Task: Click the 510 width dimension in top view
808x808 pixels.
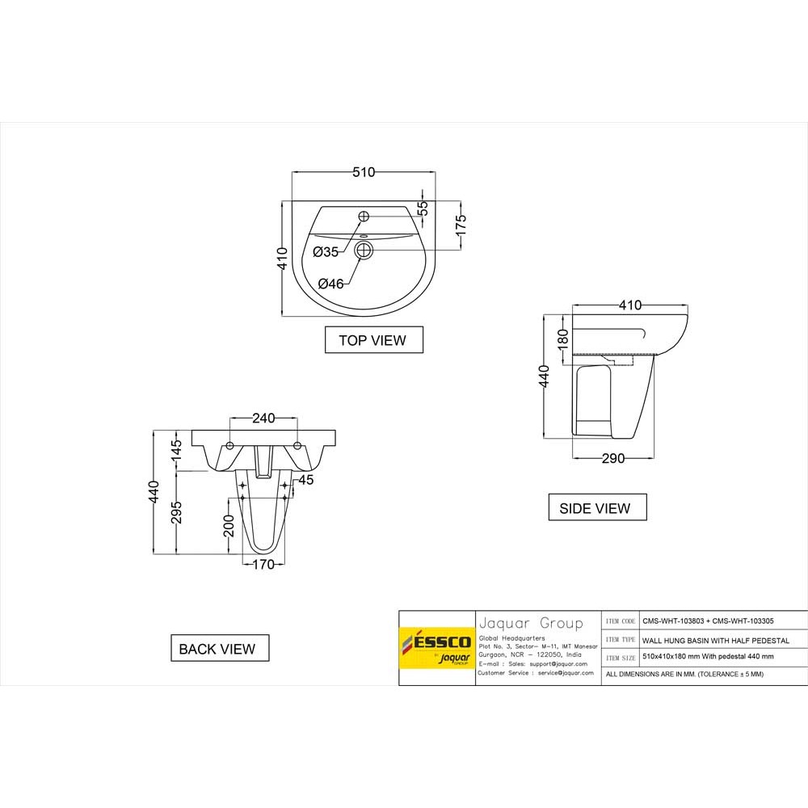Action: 364,172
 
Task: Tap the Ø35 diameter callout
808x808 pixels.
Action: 326,252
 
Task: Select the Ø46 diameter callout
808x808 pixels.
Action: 331,284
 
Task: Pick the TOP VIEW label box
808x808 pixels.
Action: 372,340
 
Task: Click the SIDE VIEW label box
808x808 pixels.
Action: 597,508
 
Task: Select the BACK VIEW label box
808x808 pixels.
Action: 219,648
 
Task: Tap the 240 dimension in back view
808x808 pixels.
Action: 263,419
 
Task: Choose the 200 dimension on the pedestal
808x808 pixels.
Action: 229,530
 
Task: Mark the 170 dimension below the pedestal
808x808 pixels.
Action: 263,565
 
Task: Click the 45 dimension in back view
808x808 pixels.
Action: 305,480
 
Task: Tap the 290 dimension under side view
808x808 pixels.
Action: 613,459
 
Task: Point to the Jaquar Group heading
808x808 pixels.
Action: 531,623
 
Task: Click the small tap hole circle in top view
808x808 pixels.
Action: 364,216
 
